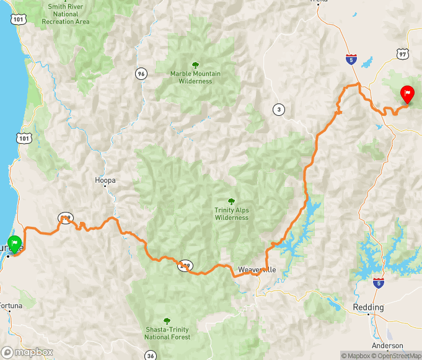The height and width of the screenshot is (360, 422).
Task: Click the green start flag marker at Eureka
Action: click(15, 244)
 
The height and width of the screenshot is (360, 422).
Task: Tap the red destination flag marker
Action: click(407, 95)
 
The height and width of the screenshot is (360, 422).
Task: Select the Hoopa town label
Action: click(105, 180)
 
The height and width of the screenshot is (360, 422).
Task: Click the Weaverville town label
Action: click(257, 270)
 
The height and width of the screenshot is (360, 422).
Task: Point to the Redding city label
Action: click(368, 307)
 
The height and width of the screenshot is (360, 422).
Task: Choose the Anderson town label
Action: click(387, 346)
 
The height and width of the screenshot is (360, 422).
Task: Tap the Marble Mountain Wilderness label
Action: click(195, 77)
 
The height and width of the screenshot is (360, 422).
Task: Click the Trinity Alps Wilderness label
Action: click(231, 214)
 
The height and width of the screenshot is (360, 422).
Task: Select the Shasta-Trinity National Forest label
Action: click(167, 333)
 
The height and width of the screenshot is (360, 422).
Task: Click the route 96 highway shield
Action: click(142, 74)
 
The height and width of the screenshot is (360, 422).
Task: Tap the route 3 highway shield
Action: click(279, 110)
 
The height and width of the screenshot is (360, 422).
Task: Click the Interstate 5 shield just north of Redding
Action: click(378, 283)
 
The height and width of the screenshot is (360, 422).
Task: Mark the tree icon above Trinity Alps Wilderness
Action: click(231, 201)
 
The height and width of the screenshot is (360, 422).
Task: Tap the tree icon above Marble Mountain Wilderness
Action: click(195, 64)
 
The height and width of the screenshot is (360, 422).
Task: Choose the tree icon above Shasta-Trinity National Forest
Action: click(167, 320)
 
